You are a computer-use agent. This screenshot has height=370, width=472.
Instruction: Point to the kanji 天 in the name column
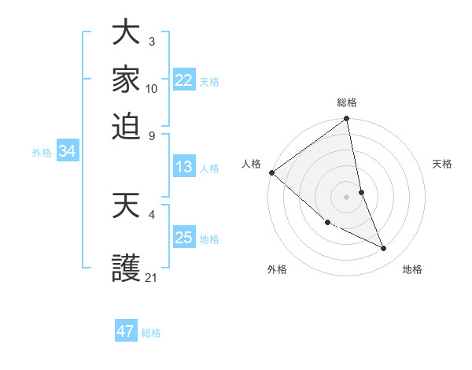[x=126, y=206]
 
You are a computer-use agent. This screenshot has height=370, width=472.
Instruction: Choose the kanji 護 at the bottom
[x=126, y=268]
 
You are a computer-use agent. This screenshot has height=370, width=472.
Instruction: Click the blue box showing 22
[x=183, y=80]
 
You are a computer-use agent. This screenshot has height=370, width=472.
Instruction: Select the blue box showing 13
[x=183, y=167]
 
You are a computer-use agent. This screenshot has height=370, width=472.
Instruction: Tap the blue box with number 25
[x=183, y=238]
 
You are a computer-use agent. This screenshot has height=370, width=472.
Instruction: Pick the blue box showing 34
[x=67, y=151]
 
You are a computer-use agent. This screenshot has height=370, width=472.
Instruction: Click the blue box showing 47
[x=125, y=331]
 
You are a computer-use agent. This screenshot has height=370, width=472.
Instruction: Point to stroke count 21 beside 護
[x=152, y=277]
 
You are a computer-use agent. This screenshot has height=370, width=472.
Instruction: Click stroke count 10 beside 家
[x=152, y=88]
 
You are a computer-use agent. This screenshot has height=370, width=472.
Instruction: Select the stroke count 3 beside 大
[x=152, y=41]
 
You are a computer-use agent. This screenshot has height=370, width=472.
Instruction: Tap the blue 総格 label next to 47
[x=151, y=333]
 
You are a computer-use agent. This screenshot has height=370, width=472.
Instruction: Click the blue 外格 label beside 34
[x=41, y=153]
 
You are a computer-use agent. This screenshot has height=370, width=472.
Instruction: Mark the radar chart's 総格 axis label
[x=347, y=102]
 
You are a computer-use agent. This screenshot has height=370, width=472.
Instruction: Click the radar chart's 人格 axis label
[x=251, y=164]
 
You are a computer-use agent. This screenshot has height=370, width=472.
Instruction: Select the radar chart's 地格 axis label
[x=412, y=269]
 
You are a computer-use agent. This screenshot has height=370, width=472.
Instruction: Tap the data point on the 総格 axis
[x=347, y=120]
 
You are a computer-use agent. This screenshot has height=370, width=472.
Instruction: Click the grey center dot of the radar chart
[x=346, y=197]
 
